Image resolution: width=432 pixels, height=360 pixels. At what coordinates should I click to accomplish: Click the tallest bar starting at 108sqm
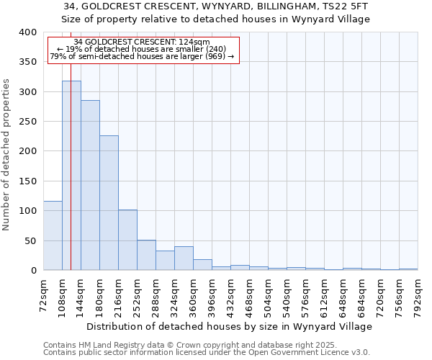click(71, 176)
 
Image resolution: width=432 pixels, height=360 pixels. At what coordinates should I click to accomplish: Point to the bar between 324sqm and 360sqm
click(184, 258)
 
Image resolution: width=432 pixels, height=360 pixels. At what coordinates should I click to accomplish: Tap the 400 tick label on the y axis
click(27, 32)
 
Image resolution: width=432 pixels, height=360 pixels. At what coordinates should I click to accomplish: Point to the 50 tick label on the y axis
click(30, 240)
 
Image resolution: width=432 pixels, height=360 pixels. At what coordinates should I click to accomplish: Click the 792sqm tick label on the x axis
click(418, 295)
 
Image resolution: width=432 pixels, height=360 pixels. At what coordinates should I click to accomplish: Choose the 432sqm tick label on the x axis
click(230, 295)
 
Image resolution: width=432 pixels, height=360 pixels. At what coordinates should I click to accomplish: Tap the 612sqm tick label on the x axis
click(324, 295)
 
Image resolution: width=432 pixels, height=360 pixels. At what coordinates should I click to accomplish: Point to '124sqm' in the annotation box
click(194, 42)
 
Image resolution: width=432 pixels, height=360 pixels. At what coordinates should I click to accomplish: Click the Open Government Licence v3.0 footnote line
click(206, 352)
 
